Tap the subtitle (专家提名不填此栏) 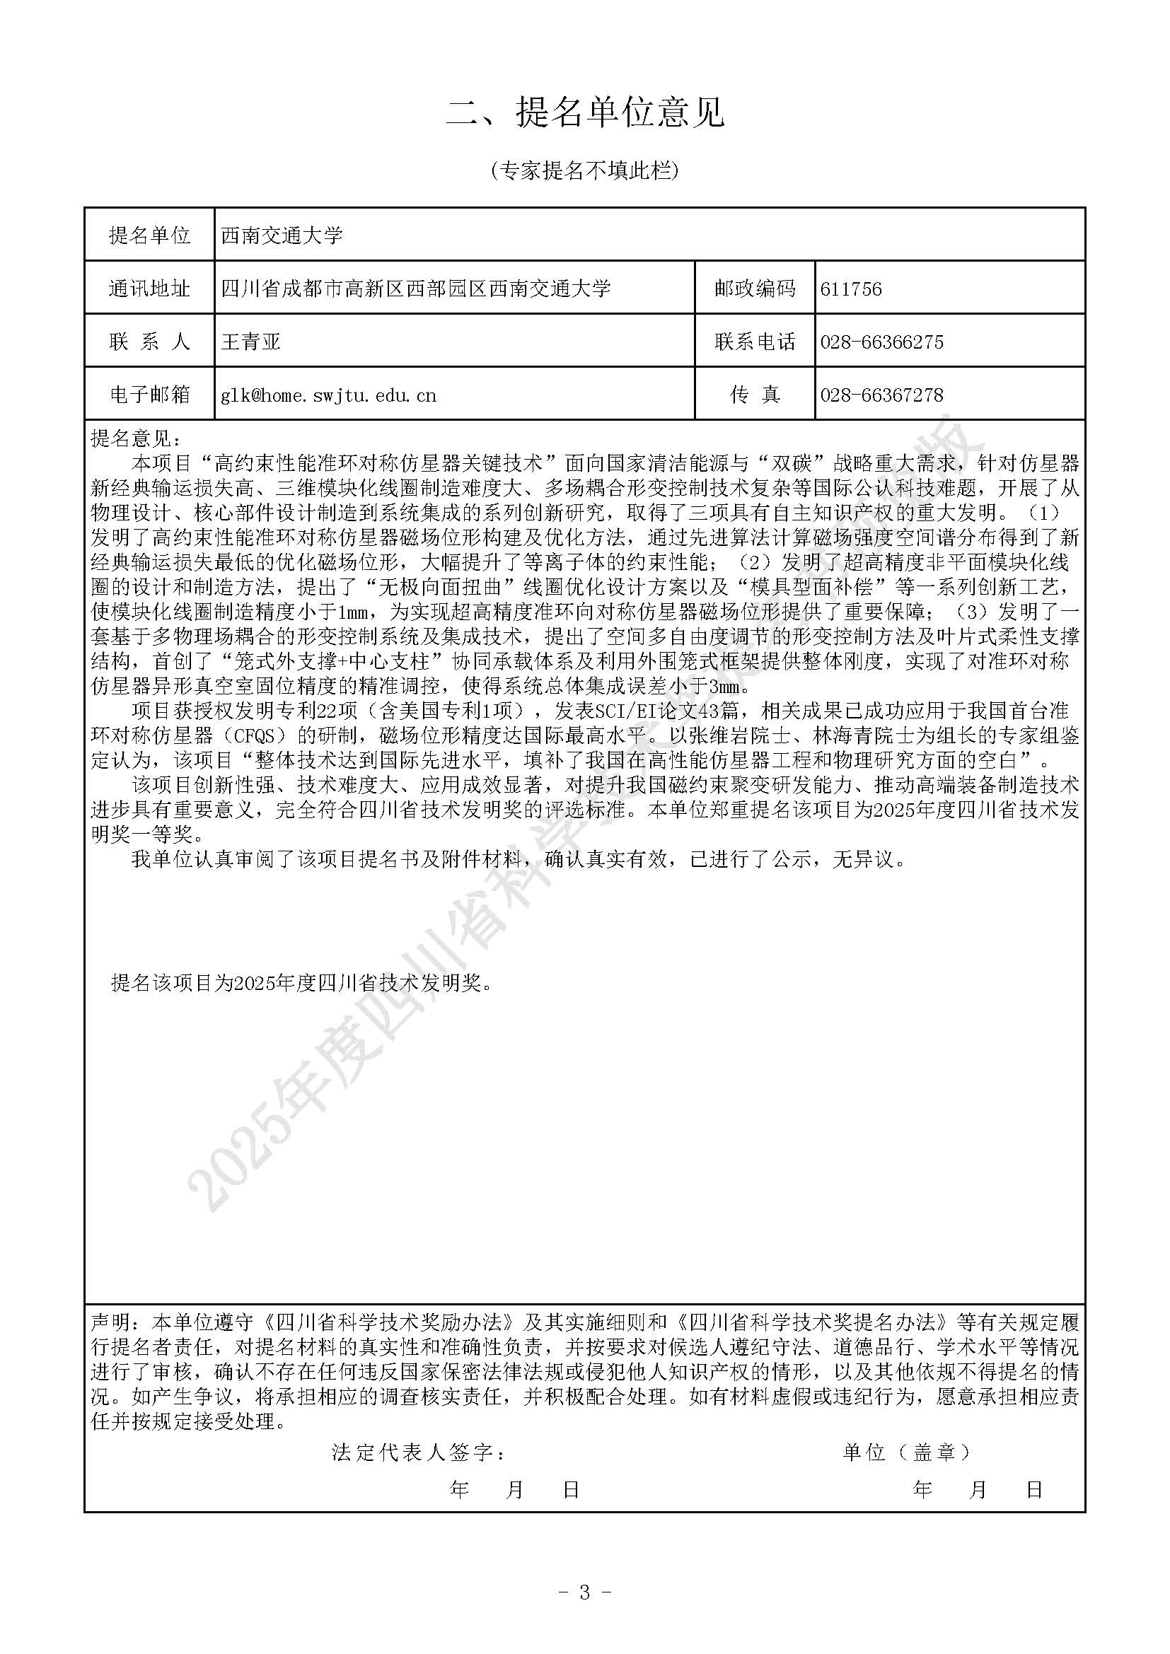click(x=584, y=170)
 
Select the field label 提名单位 click(x=149, y=235)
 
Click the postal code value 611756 click(x=851, y=289)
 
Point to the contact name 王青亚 click(x=250, y=342)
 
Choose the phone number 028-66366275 click(x=882, y=342)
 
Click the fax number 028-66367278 click(x=882, y=395)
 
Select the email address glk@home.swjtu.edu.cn click(x=328, y=395)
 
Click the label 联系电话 click(x=755, y=342)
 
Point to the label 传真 click(x=755, y=395)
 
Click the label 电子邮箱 click(x=149, y=395)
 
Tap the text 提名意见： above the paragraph click(x=137, y=438)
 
